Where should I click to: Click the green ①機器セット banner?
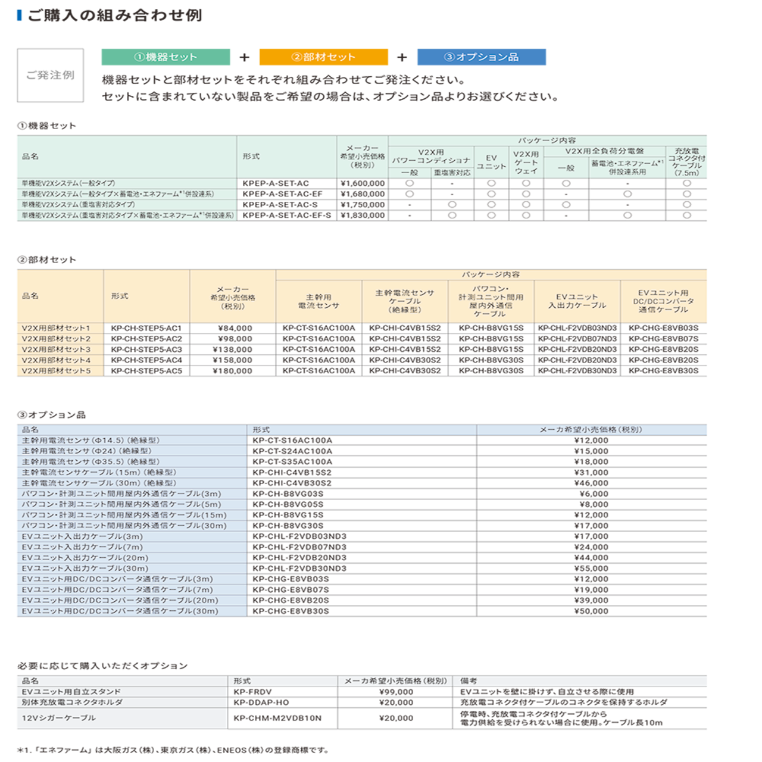click(165, 57)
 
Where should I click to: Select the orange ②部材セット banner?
click(323, 57)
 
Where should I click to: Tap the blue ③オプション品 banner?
click(481, 57)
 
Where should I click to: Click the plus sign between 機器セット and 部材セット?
click(245, 58)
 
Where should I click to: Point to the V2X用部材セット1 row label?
click(56, 328)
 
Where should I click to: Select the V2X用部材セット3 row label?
click(56, 349)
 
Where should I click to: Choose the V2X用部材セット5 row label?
click(56, 371)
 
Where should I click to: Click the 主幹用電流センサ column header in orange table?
click(318, 301)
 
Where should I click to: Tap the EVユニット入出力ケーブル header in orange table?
click(577, 301)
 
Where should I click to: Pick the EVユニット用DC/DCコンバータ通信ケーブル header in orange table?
click(663, 301)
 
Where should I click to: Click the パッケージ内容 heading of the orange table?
click(491, 274)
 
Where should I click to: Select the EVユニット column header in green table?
click(491, 162)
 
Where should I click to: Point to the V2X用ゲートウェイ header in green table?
click(526, 162)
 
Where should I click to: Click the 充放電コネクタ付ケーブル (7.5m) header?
click(686, 162)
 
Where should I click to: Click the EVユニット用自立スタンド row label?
click(71, 692)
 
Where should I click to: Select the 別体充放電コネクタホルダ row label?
click(72, 702)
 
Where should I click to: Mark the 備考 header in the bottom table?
click(469, 681)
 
